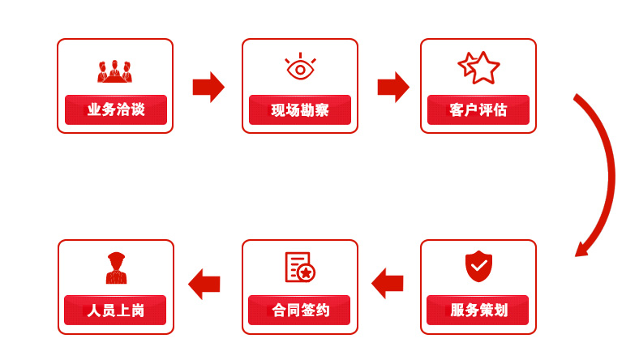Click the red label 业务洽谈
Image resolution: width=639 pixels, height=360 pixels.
click(x=116, y=109)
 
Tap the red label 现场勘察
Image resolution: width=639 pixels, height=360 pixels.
click(x=300, y=109)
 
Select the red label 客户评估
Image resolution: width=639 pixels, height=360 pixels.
click(x=478, y=109)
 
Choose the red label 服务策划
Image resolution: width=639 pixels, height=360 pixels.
click(x=478, y=310)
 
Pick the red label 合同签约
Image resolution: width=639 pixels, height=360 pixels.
click(x=299, y=310)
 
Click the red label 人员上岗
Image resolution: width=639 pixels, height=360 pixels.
click(x=115, y=310)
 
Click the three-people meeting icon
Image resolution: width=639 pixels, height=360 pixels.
click(x=114, y=71)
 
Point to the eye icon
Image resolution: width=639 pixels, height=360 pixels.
click(x=300, y=66)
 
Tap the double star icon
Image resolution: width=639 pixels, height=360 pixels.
click(x=478, y=67)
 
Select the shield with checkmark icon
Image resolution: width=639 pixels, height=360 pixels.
click(x=478, y=266)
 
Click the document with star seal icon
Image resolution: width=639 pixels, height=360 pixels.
click(x=300, y=267)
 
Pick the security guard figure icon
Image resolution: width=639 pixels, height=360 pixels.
click(x=116, y=268)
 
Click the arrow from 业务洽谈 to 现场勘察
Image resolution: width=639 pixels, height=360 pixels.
click(x=208, y=87)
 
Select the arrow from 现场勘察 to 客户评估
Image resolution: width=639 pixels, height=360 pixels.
click(x=393, y=87)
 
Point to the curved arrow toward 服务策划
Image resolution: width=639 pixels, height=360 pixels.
click(x=609, y=175)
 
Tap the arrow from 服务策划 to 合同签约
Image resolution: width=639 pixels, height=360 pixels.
click(x=388, y=283)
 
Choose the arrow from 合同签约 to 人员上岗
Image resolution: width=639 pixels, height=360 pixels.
click(x=204, y=284)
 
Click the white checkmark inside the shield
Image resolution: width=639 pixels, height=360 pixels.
click(x=478, y=266)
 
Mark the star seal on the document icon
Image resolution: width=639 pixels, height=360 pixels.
click(x=306, y=273)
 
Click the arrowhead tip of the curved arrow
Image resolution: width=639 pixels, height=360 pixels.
click(x=576, y=256)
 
